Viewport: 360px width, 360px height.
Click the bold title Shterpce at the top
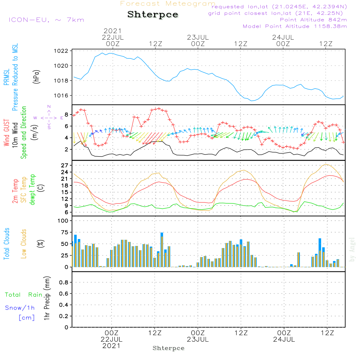[x=153, y=15]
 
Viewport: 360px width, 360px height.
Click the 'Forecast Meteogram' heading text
[x=168, y=4]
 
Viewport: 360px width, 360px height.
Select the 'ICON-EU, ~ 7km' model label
[x=46, y=20]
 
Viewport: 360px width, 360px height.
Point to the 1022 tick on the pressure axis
[x=61, y=51]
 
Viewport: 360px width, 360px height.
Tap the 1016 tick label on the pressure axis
[x=61, y=95]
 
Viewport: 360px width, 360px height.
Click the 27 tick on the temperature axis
[x=65, y=165]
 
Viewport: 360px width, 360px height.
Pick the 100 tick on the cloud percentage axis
[x=63, y=221]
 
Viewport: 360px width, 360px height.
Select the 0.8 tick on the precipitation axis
[x=64, y=282]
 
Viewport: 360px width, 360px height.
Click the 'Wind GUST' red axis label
[x=6, y=133]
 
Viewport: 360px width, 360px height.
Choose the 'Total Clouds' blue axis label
[x=6, y=244]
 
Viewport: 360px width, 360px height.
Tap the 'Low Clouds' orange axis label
[x=24, y=244]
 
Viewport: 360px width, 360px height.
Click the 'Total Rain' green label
[x=24, y=295]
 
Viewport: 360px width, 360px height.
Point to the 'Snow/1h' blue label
[x=20, y=308]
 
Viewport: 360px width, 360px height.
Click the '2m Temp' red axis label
[x=15, y=191]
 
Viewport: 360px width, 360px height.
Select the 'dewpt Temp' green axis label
[x=32, y=190]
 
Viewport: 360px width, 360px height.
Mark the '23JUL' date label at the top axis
[x=198, y=37]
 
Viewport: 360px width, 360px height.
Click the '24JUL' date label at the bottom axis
[x=284, y=339]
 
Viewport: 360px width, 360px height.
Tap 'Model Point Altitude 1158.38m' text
[x=295, y=26]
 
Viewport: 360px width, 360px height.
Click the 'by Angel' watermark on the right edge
[x=352, y=249]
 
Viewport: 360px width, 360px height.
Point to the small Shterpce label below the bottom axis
[x=168, y=348]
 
